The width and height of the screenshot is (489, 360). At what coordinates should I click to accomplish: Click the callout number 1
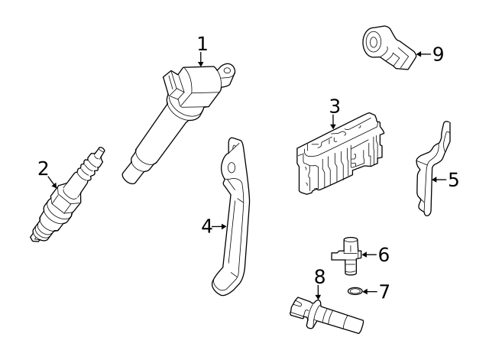click(202, 44)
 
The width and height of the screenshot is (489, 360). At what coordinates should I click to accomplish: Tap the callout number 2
click(44, 168)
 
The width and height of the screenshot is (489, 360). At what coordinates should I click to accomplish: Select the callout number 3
click(335, 106)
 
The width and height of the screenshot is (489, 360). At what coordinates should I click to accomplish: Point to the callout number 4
click(207, 226)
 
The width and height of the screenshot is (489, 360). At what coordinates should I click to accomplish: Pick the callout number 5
click(453, 180)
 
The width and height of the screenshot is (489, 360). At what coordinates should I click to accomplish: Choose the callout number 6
click(384, 255)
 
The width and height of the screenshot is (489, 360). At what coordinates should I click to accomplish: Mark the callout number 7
click(384, 292)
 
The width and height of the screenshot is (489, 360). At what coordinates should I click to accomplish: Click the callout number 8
click(319, 277)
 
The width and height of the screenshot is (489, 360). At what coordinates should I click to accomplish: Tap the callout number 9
click(438, 54)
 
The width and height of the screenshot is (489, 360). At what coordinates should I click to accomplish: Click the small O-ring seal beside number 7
click(355, 291)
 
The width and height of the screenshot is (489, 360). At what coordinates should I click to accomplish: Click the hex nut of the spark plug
click(65, 199)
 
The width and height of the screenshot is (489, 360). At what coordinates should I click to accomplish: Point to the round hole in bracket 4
click(231, 168)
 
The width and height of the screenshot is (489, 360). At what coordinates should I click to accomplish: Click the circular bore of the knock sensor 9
click(374, 42)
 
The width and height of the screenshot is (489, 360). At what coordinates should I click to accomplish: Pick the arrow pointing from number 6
click(370, 255)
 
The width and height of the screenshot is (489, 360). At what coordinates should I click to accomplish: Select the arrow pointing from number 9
click(424, 54)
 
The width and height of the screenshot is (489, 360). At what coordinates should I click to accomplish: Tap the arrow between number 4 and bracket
click(219, 226)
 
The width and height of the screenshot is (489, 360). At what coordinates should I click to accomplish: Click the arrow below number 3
click(333, 122)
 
